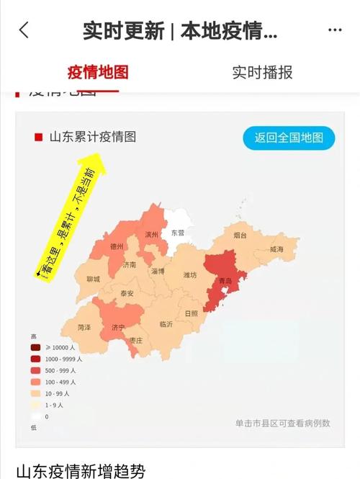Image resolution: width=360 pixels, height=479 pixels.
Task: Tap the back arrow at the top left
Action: pyautogui.click(x=24, y=30)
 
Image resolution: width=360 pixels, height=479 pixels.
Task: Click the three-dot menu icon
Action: pyautogui.click(x=334, y=30)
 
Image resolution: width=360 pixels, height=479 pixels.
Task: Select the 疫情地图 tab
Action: pyautogui.click(x=97, y=72)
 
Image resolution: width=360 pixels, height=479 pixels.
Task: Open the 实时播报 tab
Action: pyautogui.click(x=262, y=72)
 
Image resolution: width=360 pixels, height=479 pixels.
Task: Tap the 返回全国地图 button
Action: pyautogui.click(x=289, y=137)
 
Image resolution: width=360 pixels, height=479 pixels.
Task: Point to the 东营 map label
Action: pyautogui.click(x=177, y=233)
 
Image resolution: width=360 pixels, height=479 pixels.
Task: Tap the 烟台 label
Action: pyautogui.click(x=240, y=236)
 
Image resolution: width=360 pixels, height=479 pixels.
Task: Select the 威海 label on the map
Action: pyautogui.click(x=276, y=249)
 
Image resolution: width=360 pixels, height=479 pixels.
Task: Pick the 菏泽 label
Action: pyautogui.click(x=84, y=327)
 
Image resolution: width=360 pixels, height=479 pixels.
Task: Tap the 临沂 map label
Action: pyautogui.click(x=166, y=324)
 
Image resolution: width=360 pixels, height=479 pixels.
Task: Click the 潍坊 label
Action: pyautogui.click(x=190, y=275)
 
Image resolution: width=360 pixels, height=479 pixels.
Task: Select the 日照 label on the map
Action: pyautogui.click(x=191, y=313)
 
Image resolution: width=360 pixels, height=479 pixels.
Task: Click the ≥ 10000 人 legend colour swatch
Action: pyautogui.click(x=35, y=348)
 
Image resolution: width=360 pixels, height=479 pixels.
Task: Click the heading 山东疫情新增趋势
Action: pyautogui.click(x=81, y=470)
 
